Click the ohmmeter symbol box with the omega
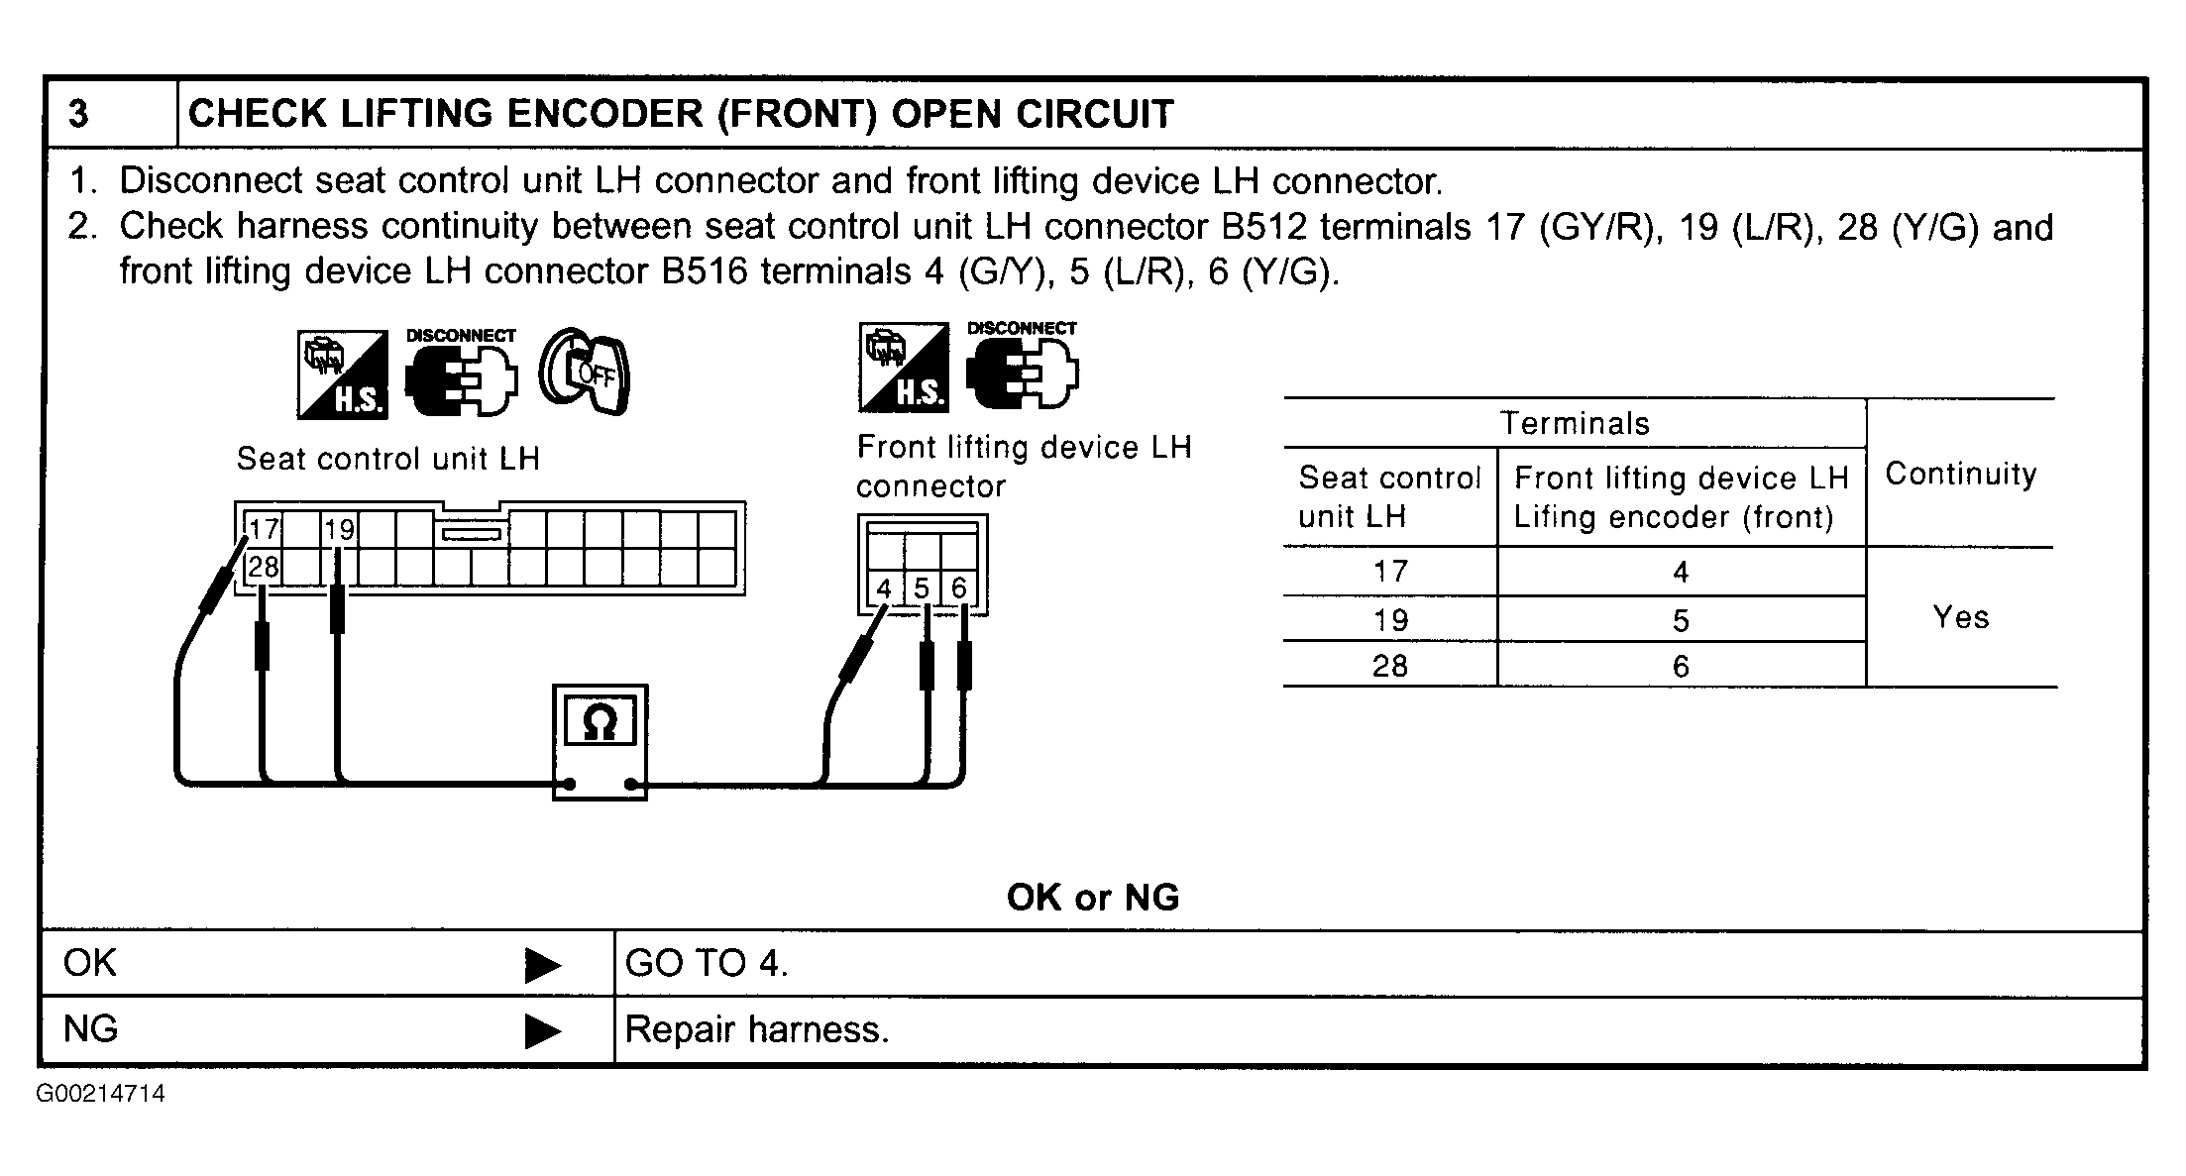click(600, 741)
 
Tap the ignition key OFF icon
click(585, 373)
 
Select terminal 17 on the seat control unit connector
click(264, 529)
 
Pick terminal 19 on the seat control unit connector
click(339, 529)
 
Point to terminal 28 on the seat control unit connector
click(264, 567)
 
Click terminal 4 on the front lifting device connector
click(884, 588)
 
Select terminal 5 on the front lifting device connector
click(922, 588)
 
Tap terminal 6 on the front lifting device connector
click(958, 588)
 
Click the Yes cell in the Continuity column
click(1960, 617)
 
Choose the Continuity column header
click(1960, 474)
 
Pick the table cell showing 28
click(1389, 666)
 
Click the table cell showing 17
click(1389, 572)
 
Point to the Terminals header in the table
click(1575, 424)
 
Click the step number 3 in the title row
click(78, 114)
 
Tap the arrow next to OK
click(542, 965)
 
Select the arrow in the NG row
click(542, 1031)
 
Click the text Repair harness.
click(757, 1030)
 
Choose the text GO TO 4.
click(707, 963)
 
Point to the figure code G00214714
click(101, 1094)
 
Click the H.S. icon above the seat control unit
click(343, 374)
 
